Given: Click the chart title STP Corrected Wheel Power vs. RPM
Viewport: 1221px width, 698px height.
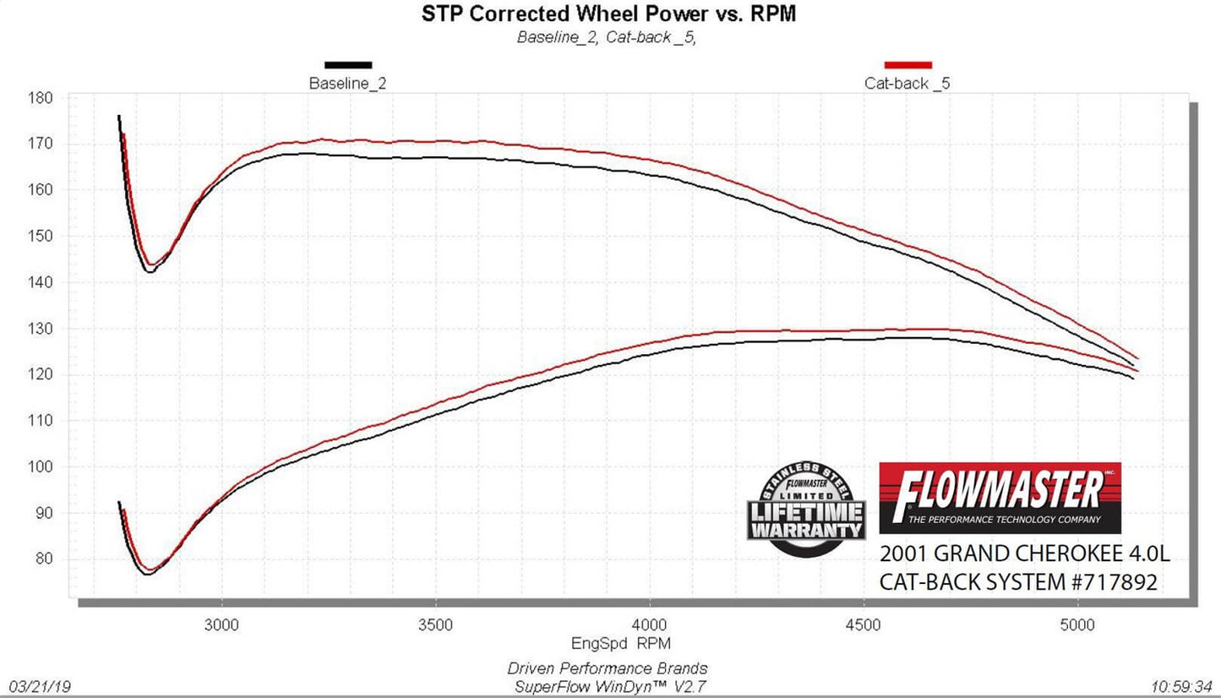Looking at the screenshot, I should click(608, 14).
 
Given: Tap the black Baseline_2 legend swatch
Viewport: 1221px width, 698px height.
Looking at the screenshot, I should click(348, 64).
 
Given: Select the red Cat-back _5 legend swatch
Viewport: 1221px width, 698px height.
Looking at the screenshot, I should click(908, 64).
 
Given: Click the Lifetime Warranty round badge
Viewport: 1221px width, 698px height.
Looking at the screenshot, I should click(805, 510).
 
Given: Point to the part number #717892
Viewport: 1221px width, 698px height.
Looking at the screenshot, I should click(1114, 582).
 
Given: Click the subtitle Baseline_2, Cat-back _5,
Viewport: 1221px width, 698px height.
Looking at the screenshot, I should click(607, 37).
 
